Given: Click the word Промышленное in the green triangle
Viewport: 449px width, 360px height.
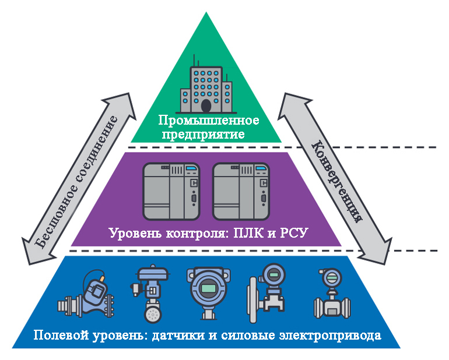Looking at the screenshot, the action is tap(209, 121).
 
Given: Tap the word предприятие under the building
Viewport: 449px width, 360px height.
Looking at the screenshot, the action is tap(204, 134).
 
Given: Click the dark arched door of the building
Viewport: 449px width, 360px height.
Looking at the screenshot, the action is tap(206, 106).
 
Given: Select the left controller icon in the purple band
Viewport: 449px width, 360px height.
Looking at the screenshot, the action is tap(171, 192).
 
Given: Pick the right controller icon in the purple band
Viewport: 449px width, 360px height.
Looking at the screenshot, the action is tap(241, 192).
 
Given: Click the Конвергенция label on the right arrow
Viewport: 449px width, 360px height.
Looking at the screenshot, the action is tap(337, 181).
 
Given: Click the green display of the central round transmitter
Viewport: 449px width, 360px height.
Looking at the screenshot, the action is tap(209, 288).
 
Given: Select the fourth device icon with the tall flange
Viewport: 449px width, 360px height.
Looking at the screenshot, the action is tap(266, 293).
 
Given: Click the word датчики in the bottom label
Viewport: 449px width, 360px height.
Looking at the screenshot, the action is tap(178, 335).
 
